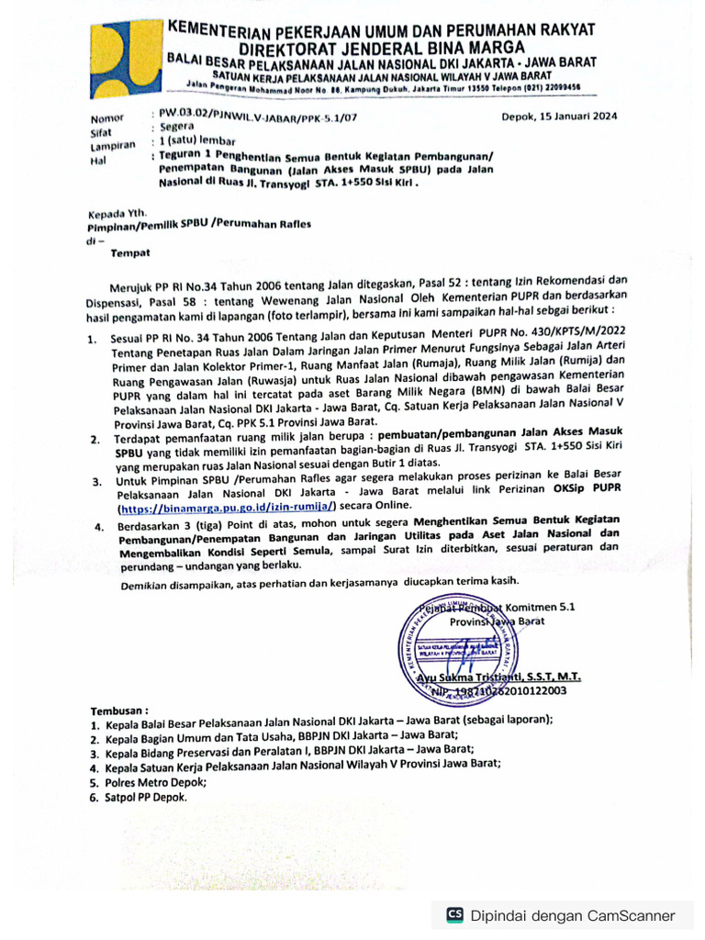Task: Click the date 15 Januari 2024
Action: pyautogui.click(x=559, y=117)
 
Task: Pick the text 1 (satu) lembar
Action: pyautogui.click(x=197, y=140)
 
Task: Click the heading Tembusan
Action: pyautogui.click(x=118, y=711)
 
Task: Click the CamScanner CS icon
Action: pyautogui.click(x=454, y=915)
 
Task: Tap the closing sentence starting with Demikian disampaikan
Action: pyautogui.click(x=320, y=581)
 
